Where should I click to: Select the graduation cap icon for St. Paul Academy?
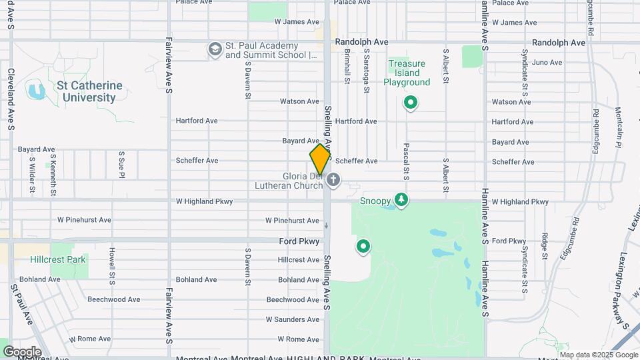tap(215, 49)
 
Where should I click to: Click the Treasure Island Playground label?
tap(407, 73)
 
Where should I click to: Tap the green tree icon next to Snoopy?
tap(401, 200)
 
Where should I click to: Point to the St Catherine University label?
tap(89, 91)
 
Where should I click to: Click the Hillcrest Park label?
tap(58, 259)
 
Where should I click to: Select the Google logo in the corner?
tap(22, 351)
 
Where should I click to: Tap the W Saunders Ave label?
tap(293, 319)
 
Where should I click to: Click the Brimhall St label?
tap(347, 70)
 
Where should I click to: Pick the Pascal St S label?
tap(405, 161)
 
